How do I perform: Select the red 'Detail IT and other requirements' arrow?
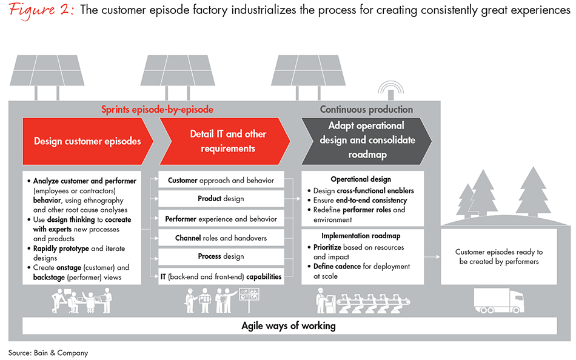click(227, 141)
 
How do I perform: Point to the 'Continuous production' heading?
click(366, 110)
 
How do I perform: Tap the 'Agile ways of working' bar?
click(288, 326)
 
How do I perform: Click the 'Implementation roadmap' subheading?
click(362, 236)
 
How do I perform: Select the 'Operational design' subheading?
click(362, 180)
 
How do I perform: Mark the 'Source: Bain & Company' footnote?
click(48, 352)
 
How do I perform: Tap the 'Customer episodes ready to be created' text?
click(499, 256)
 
